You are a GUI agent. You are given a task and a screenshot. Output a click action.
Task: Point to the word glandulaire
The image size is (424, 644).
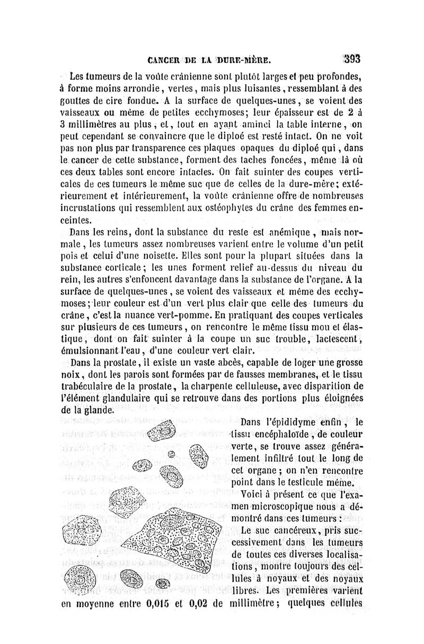pyautogui.click(x=132, y=399)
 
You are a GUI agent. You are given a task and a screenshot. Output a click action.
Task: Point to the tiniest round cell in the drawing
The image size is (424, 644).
pyautogui.click(x=171, y=454)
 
